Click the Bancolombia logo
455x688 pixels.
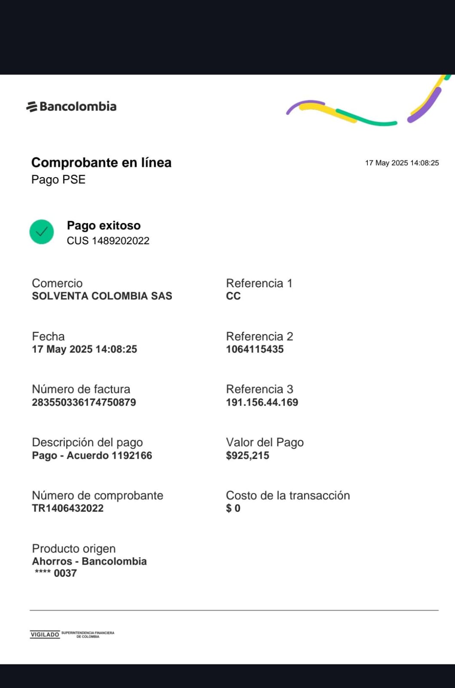tap(71, 106)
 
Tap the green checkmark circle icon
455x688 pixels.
tap(42, 232)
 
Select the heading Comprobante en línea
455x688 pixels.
tap(101, 163)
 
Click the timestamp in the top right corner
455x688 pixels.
tap(402, 163)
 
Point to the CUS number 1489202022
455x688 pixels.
tap(108, 241)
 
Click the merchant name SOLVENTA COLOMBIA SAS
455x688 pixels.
tap(102, 296)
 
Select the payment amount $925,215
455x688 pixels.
tap(247, 455)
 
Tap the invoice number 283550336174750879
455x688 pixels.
tap(84, 402)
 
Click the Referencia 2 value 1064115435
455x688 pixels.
tap(255, 349)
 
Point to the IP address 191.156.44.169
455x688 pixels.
tap(262, 402)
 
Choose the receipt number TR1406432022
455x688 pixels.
tap(67, 508)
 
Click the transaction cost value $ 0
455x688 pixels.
tap(233, 508)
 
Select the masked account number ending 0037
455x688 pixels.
tap(56, 573)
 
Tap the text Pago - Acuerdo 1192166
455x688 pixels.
tap(92, 455)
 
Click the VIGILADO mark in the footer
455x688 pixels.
tap(45, 634)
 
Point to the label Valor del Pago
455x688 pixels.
tap(265, 442)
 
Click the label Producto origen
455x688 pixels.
tap(74, 549)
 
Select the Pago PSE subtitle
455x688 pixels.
tap(58, 179)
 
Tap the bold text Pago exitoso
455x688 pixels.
tap(104, 226)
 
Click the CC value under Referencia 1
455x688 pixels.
tap(233, 296)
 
